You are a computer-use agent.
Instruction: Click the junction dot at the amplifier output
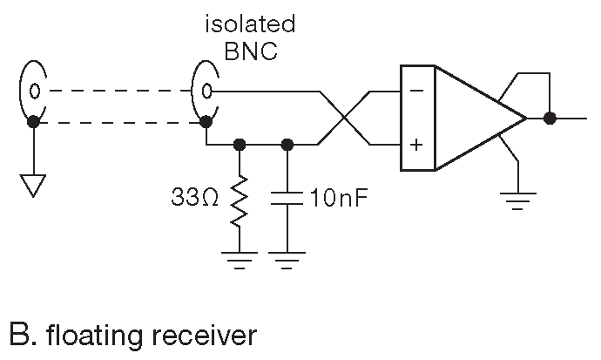tap(550, 118)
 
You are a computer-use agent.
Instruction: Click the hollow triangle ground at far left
tap(32, 184)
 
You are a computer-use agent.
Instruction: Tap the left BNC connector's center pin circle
tap(33, 90)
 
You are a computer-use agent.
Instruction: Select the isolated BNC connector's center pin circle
tap(207, 90)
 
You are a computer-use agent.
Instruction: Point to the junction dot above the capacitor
tap(287, 144)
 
